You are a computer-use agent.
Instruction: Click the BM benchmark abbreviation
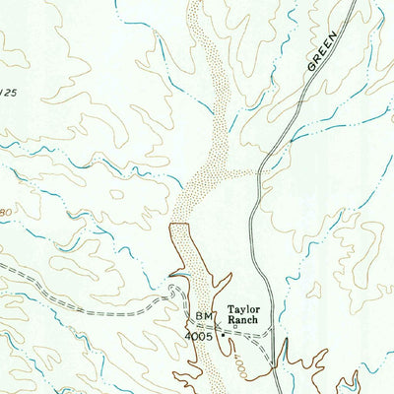pos(204,315)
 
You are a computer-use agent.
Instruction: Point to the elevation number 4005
pos(199,335)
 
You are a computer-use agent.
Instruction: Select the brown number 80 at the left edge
pos(5,211)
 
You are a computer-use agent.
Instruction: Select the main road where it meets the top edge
pos(352,2)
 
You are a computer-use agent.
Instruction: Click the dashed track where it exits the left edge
pos(3,266)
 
